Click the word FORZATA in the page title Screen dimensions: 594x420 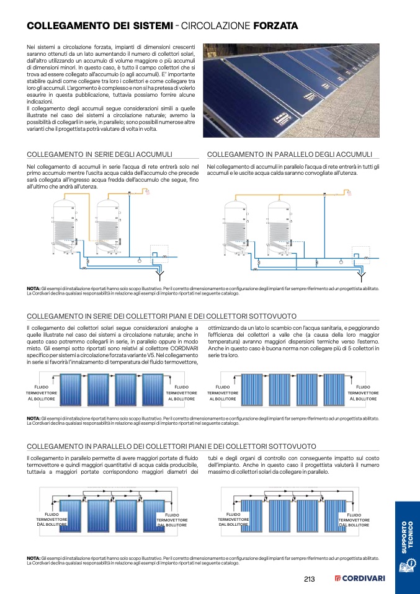coord(276,26)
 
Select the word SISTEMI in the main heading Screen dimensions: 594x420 coord(148,26)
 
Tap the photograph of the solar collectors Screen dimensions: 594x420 coord(291,91)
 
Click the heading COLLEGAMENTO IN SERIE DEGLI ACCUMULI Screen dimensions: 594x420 coord(100,154)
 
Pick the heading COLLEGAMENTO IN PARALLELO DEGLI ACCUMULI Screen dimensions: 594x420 coord(289,154)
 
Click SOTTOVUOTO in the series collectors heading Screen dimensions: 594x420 coord(271,316)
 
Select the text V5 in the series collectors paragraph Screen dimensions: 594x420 coord(154,355)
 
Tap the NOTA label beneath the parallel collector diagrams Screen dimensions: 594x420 coord(34,559)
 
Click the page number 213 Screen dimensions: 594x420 coord(310,579)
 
